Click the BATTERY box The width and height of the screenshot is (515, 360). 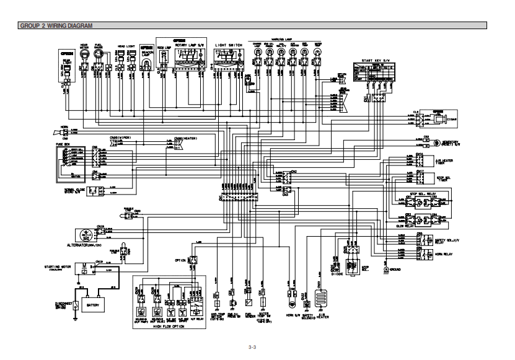click(93, 305)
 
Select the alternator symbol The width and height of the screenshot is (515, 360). click(82, 234)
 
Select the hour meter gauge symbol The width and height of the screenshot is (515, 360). click(86, 55)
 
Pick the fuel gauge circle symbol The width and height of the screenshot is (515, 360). click(99, 55)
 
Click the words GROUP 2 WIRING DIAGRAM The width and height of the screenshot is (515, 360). click(56, 26)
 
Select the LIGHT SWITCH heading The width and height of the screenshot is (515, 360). click(229, 45)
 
